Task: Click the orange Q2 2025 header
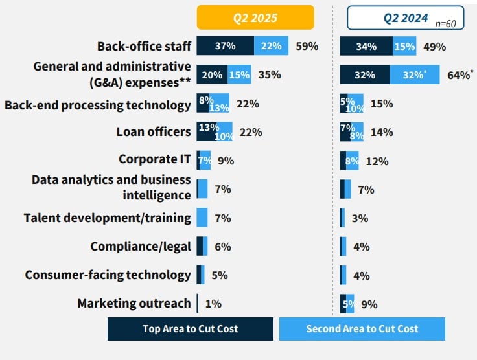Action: click(x=255, y=18)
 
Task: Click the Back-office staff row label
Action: click(x=144, y=46)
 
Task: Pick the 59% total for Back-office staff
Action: click(x=307, y=46)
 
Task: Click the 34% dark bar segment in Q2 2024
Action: click(x=366, y=46)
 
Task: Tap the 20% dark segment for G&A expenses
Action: click(x=212, y=74)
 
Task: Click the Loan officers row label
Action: click(x=154, y=132)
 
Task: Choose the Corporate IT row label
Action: click(x=155, y=160)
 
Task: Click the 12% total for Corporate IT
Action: click(x=377, y=161)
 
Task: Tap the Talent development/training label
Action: click(x=108, y=218)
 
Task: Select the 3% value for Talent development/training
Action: click(x=360, y=218)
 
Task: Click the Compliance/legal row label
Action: click(x=141, y=246)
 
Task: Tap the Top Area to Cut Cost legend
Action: click(x=190, y=328)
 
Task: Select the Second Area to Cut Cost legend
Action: click(x=362, y=328)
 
